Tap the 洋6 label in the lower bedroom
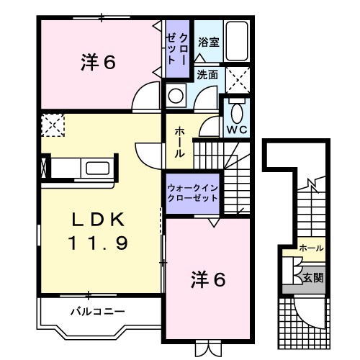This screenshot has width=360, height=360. [x=207, y=279]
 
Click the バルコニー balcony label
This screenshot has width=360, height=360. [x=98, y=312]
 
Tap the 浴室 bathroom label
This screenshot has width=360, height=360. [x=209, y=42]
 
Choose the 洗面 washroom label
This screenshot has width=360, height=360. [x=209, y=73]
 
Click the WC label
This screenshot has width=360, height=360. [x=236, y=130]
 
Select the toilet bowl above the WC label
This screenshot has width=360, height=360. [x=236, y=112]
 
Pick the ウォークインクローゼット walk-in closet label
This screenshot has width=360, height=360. [x=192, y=192]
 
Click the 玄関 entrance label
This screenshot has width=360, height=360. [x=312, y=276]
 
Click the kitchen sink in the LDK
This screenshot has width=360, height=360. [x=98, y=169]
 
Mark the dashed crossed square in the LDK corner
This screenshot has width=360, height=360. [x=53, y=125]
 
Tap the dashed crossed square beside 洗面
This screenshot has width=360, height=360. [x=238, y=77]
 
